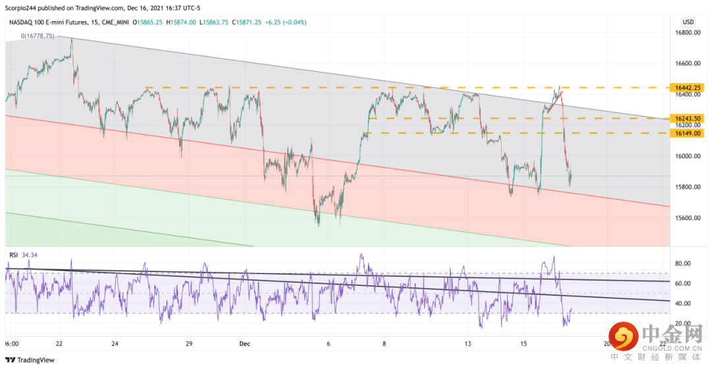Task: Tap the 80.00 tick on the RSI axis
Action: point(682,264)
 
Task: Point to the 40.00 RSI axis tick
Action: point(682,303)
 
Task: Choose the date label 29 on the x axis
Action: point(189,343)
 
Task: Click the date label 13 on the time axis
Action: point(468,343)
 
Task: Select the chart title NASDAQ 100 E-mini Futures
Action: point(53,22)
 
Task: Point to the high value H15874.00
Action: point(181,22)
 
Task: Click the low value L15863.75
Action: point(217,22)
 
